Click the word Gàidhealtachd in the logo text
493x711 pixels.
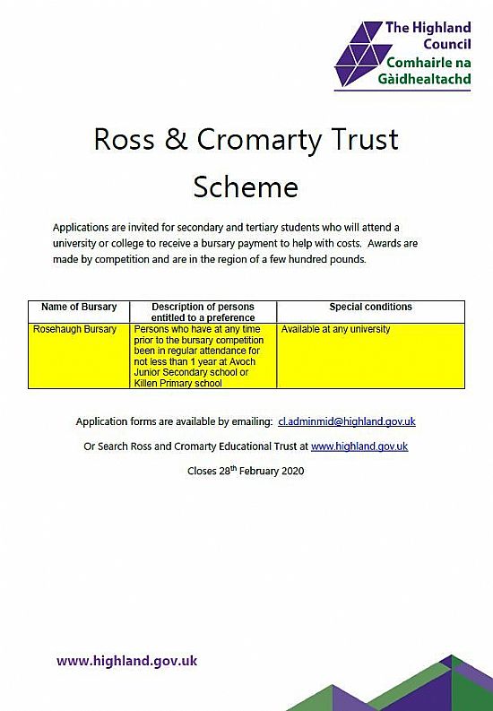(x=425, y=79)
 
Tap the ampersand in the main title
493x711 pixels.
(x=176, y=139)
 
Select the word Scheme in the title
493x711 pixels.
(x=246, y=186)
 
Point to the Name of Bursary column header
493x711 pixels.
(x=79, y=307)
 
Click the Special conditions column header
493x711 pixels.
(x=371, y=307)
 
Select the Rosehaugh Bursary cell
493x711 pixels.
(x=74, y=329)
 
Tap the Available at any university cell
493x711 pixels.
(x=335, y=329)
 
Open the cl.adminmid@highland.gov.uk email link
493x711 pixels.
(x=347, y=421)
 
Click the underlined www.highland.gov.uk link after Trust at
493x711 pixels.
(x=359, y=447)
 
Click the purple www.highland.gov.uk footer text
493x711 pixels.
(x=127, y=661)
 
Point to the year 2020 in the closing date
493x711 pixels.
(x=293, y=471)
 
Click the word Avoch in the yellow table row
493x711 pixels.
(x=243, y=362)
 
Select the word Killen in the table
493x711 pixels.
(x=145, y=383)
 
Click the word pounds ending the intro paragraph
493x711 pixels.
(x=349, y=260)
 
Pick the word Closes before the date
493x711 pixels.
(x=202, y=471)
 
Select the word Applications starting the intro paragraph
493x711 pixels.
(x=81, y=228)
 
